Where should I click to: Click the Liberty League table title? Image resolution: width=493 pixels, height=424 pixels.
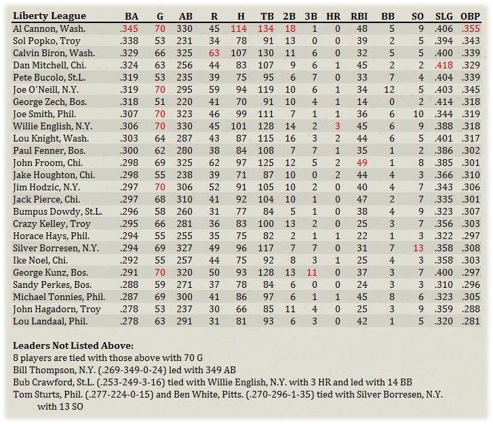[x=50, y=16]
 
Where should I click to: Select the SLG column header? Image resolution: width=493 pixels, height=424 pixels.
[x=443, y=16]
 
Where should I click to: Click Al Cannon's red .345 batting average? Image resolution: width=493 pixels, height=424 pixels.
[x=129, y=29]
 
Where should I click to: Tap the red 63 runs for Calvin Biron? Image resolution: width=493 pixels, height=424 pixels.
[x=214, y=54]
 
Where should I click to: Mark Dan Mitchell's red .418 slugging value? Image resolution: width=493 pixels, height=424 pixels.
[x=443, y=66]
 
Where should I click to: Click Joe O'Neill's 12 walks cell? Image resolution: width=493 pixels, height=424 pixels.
[x=389, y=90]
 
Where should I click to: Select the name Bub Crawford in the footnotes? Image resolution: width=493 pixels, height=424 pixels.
[x=42, y=381]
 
